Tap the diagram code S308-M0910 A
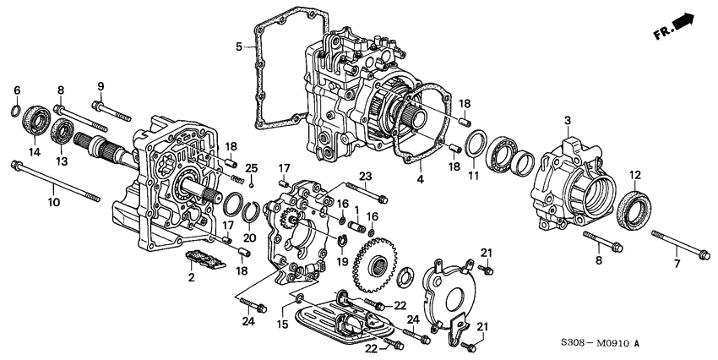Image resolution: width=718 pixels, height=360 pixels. (601, 343)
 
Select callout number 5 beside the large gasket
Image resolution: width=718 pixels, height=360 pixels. (239, 46)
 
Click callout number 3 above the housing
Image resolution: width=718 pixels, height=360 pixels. (568, 121)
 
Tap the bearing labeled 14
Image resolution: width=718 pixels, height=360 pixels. (36, 120)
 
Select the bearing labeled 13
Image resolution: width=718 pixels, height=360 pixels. (62, 130)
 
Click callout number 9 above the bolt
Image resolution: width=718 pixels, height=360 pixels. (101, 85)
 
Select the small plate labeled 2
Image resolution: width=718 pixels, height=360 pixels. (205, 259)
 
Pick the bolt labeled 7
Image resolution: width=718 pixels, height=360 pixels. (681, 243)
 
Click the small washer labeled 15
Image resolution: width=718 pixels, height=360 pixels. (298, 299)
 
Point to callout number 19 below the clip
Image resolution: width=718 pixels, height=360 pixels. (342, 261)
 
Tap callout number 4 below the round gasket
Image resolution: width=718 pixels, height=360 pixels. (420, 179)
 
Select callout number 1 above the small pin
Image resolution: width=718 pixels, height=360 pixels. (356, 210)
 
